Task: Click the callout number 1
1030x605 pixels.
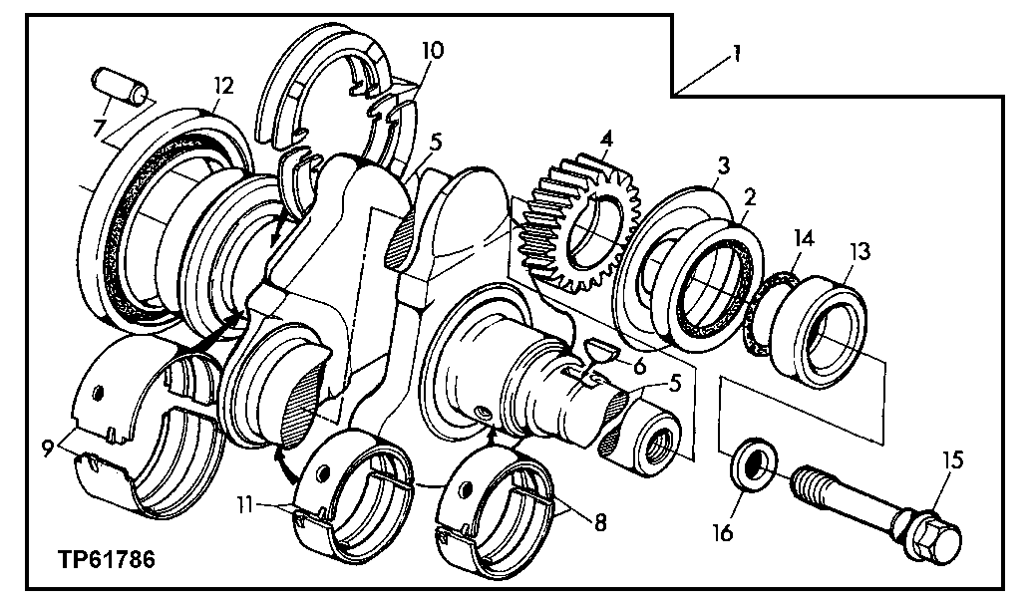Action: coord(736,53)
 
